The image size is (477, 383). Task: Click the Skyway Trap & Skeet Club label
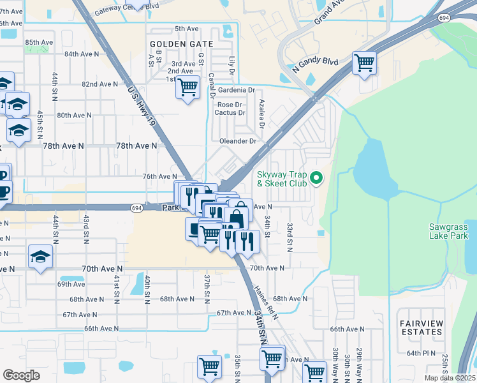(x=282, y=179)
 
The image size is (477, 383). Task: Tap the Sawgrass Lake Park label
(x=448, y=231)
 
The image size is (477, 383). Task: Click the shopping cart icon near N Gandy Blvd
(x=364, y=63)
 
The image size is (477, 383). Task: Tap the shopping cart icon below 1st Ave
(x=187, y=87)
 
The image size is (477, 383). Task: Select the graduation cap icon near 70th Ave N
(x=40, y=257)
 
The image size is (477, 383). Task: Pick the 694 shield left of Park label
(x=137, y=208)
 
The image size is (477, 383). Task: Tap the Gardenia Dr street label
(x=237, y=90)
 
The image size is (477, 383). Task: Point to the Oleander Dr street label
(x=238, y=141)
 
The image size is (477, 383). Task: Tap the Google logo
(x=22, y=375)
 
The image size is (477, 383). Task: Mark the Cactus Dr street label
(x=230, y=113)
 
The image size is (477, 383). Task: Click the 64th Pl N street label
(x=420, y=352)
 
